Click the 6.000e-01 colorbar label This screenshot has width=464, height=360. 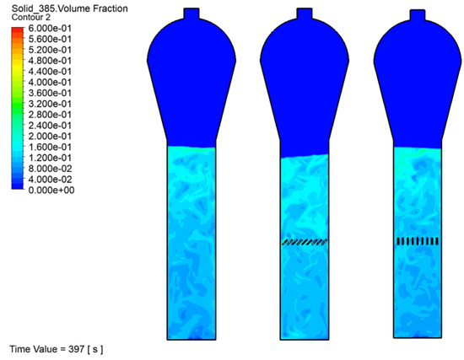coord(50,29)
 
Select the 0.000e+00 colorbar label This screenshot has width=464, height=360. coord(51,191)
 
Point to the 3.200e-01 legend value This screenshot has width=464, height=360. coord(50,104)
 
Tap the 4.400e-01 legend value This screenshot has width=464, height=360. coord(50,72)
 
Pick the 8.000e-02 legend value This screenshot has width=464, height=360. coord(50,169)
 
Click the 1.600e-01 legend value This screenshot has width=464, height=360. coord(50,147)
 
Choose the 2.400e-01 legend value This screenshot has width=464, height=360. coord(50,126)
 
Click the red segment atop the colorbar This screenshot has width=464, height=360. coord(18,30)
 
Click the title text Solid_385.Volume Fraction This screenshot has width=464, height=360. coord(69,8)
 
